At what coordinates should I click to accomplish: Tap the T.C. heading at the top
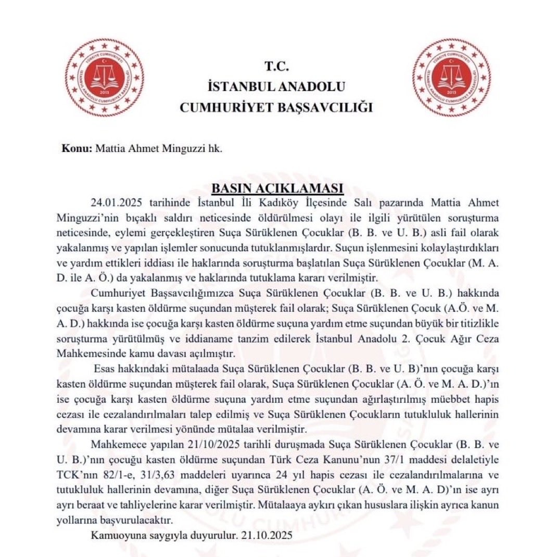click(x=276, y=66)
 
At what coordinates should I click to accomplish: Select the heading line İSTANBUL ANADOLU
click(x=276, y=86)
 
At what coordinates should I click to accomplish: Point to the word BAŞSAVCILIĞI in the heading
click(x=326, y=108)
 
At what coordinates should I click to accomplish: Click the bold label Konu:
click(x=77, y=147)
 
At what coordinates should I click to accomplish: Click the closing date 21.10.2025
click(x=272, y=535)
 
